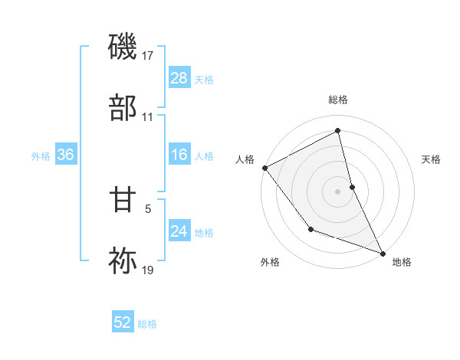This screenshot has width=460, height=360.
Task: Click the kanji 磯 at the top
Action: (x=123, y=47)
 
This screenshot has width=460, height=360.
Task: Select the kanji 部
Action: (x=123, y=106)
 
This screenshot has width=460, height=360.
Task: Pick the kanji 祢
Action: (x=123, y=260)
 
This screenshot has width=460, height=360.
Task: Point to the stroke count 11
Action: (x=148, y=116)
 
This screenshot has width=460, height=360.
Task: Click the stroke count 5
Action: (x=148, y=207)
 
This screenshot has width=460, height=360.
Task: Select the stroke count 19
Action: (x=148, y=270)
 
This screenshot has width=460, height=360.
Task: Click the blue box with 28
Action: (x=179, y=77)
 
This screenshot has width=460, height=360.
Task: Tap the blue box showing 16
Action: (x=179, y=155)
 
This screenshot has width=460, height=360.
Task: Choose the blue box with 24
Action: (x=179, y=231)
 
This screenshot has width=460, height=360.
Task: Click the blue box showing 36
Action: (x=65, y=155)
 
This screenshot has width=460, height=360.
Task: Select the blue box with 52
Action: (x=123, y=323)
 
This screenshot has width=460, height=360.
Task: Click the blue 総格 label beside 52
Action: (x=148, y=324)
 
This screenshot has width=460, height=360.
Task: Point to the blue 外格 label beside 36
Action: (x=41, y=155)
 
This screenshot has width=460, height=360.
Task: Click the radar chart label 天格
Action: (x=432, y=159)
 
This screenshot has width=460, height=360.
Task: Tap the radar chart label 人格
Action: (x=244, y=159)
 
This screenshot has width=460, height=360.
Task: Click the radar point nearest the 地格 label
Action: (x=382, y=252)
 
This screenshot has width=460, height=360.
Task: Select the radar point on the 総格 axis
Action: (x=338, y=132)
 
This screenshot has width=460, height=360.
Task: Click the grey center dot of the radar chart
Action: (x=338, y=191)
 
